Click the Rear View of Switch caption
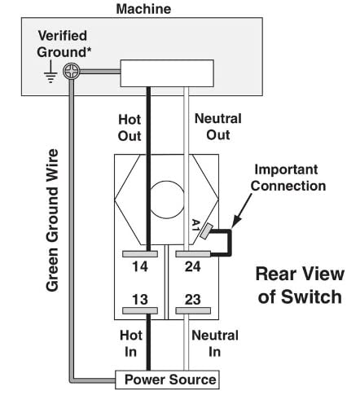300,285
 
